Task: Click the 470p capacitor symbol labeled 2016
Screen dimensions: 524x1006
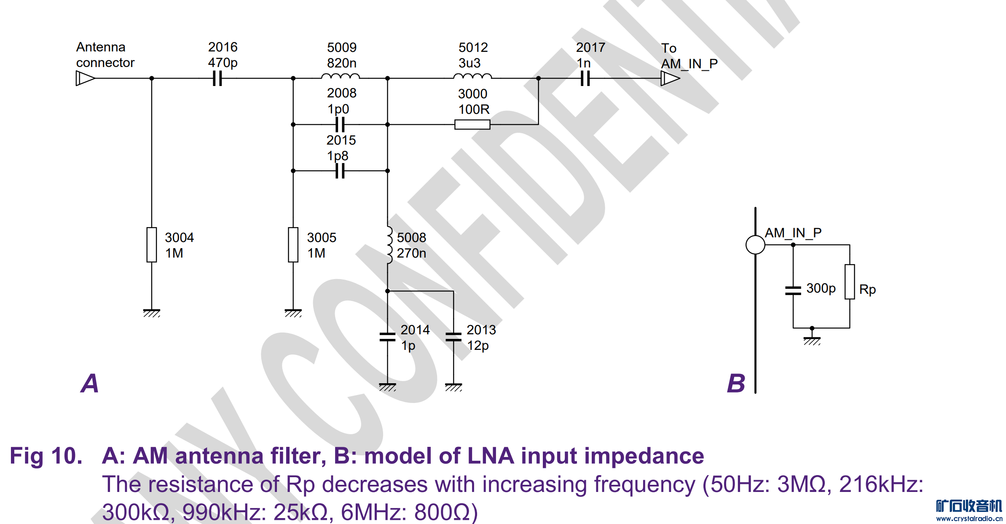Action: tap(217, 78)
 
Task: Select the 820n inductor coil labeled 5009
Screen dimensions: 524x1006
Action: tap(341, 77)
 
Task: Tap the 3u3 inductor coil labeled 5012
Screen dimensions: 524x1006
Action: tap(472, 77)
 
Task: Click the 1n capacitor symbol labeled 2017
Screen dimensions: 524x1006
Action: tap(585, 78)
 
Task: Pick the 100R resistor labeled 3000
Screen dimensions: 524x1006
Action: tap(472, 124)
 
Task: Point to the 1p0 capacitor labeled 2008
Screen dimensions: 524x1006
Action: tap(340, 124)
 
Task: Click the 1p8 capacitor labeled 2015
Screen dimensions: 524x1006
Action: tap(340, 171)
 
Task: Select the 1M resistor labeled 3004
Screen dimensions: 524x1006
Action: tap(152, 245)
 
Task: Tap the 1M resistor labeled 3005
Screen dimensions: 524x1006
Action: tap(293, 245)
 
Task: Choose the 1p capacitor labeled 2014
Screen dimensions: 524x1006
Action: tap(387, 337)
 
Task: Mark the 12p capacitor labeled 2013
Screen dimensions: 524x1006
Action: tap(453, 337)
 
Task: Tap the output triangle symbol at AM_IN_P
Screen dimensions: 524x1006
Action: tap(670, 78)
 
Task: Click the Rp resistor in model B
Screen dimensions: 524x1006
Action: tap(850, 282)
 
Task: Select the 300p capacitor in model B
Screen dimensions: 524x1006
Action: tap(793, 290)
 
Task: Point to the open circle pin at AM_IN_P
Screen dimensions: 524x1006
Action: tap(755, 245)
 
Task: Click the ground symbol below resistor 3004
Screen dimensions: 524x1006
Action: tap(152, 313)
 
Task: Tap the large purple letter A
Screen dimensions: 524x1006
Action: tap(90, 383)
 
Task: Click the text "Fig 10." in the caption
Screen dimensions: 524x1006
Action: tap(46, 456)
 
